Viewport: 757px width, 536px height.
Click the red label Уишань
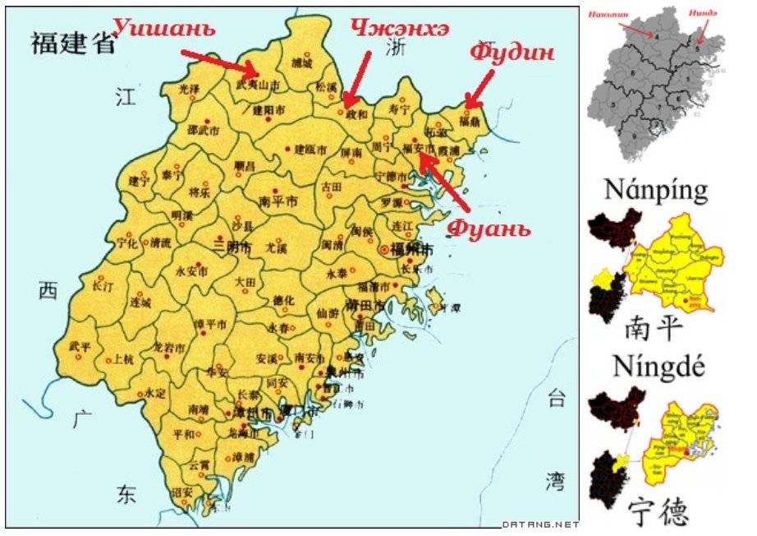(165, 28)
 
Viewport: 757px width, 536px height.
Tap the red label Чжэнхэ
(400, 28)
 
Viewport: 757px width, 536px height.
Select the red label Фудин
(512, 53)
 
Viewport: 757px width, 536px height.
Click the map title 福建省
(73, 43)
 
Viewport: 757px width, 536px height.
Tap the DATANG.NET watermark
(539, 524)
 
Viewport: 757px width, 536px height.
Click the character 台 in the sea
(557, 400)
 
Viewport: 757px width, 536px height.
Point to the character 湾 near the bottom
(557, 480)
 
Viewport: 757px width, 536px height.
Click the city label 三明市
(230, 246)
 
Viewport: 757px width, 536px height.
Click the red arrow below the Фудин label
(479, 89)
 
